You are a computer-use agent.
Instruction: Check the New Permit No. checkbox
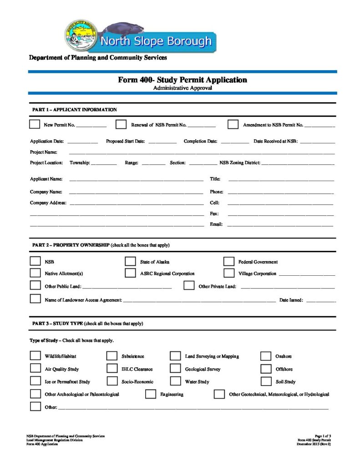[35, 124]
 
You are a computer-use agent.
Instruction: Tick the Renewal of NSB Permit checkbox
[121, 124]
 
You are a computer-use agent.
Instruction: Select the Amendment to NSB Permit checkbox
[233, 124]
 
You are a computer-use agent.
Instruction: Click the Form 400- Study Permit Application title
[183, 80]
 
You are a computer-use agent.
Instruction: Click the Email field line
[280, 225]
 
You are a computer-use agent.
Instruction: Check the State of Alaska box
[131, 262]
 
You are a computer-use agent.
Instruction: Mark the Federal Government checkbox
[229, 262]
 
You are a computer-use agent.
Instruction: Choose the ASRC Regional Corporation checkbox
[131, 274]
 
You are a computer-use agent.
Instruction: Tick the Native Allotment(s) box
[35, 274]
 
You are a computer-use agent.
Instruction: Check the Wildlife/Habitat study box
[35, 356]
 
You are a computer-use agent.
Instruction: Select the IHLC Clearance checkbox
[112, 369]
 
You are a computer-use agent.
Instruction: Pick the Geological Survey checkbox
[176, 369]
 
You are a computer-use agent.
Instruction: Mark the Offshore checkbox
[266, 369]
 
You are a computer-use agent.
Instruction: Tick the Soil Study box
[266, 381]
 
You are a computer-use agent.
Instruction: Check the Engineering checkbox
[151, 394]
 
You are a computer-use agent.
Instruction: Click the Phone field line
[281, 193]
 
